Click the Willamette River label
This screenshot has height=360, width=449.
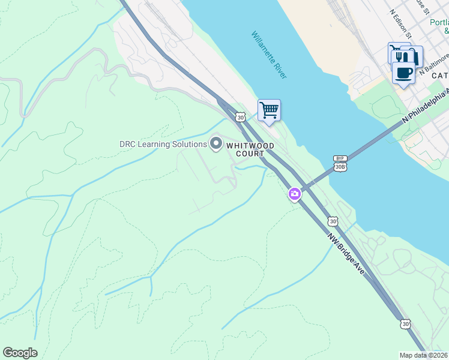coord(269,55)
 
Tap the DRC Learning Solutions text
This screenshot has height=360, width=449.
coord(162,144)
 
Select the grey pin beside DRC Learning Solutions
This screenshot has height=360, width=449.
coord(215,143)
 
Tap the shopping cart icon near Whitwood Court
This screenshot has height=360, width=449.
coord(269,110)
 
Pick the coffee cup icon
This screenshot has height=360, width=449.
coord(403,73)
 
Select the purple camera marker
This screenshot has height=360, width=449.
coord(294,194)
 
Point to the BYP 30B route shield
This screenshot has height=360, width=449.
coord(340,164)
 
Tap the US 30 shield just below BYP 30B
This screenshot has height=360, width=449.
coord(333,221)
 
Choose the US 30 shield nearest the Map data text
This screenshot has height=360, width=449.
coord(406,324)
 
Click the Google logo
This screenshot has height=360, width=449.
coord(20,353)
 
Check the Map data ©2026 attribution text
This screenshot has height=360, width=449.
coord(424,355)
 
